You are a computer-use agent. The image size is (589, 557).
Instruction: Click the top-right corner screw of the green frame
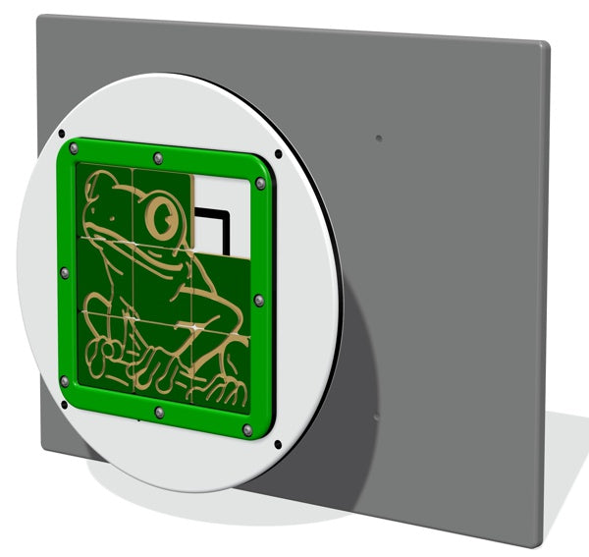click(260, 183)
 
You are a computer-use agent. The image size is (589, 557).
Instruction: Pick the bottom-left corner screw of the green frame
click(65, 379)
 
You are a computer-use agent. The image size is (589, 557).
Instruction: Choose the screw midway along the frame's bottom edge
click(157, 411)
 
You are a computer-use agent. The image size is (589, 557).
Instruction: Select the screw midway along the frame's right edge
click(257, 300)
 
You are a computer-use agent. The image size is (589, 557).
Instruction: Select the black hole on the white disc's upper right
click(279, 154)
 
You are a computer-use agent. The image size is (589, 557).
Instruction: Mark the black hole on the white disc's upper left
click(61, 133)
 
